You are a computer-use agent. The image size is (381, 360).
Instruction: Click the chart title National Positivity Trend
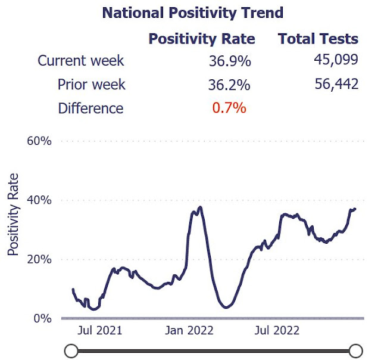(192, 13)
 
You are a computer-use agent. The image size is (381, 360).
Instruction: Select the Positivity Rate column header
(201, 39)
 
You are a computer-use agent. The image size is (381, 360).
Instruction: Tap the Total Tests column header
(318, 39)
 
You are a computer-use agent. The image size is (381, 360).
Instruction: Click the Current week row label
(82, 61)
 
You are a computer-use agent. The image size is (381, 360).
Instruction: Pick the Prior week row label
(91, 85)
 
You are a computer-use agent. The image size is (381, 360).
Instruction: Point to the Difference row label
(90, 108)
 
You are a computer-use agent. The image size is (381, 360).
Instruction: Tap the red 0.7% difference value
(229, 108)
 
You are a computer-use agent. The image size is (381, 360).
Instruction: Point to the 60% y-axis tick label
(39, 141)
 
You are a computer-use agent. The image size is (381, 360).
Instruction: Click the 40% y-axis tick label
(39, 200)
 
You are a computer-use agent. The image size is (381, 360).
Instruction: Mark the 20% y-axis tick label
(39, 259)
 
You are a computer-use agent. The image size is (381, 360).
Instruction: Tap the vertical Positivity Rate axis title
(14, 215)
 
